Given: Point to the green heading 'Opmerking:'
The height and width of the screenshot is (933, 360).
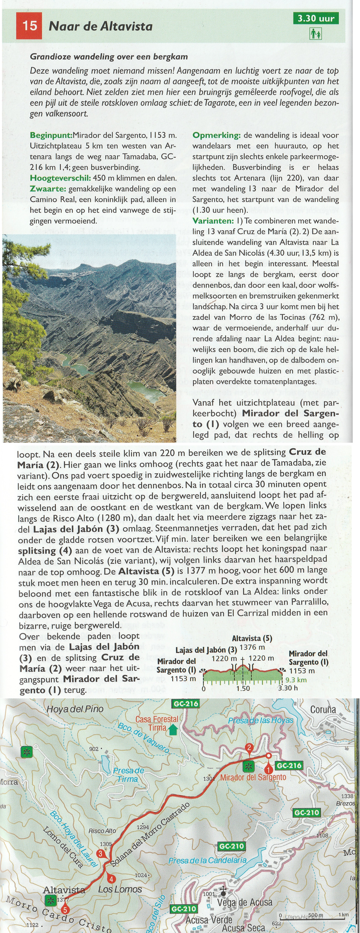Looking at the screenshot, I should click(216, 135).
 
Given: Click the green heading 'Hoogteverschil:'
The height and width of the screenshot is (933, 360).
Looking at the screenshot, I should click(60, 178).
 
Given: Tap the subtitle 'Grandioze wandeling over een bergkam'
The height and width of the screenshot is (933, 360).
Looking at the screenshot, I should click(109, 57).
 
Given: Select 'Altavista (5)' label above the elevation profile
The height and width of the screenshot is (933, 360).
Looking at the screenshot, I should click(252, 638).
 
